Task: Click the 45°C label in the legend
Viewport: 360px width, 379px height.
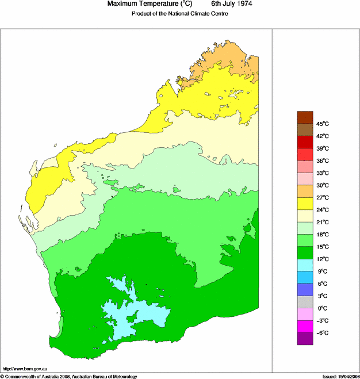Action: [x=322, y=124]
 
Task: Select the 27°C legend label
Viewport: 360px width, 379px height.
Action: [x=322, y=197]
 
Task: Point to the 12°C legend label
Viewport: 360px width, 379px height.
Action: [x=322, y=259]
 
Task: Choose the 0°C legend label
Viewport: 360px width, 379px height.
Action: [x=322, y=308]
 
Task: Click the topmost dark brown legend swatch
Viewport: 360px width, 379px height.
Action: [x=305, y=117]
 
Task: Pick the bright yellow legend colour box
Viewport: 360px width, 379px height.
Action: [x=305, y=204]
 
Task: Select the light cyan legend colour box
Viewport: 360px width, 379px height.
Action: [x=305, y=265]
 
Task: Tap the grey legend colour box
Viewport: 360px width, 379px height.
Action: [x=305, y=302]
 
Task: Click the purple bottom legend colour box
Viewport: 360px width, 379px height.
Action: [x=305, y=339]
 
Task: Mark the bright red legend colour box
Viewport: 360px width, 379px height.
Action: [x=305, y=154]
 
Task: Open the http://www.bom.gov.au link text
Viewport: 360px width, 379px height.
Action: [x=25, y=368]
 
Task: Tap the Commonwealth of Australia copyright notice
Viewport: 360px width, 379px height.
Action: [x=69, y=376]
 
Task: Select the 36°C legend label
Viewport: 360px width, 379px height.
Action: [x=322, y=160]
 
